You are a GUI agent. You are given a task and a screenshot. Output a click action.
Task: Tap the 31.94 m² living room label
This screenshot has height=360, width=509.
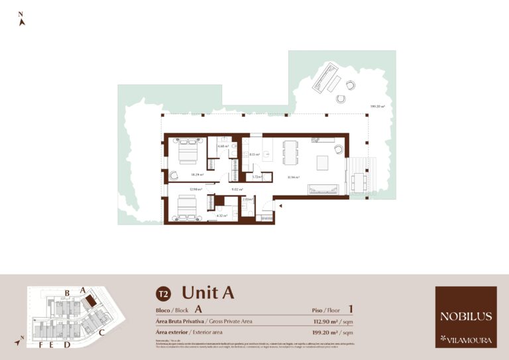(293, 177)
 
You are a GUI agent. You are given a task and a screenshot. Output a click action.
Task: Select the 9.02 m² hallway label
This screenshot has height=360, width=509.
(235, 190)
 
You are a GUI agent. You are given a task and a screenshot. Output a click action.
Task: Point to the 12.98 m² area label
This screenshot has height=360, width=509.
(195, 190)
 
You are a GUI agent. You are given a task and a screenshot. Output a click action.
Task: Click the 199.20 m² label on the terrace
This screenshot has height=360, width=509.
(378, 106)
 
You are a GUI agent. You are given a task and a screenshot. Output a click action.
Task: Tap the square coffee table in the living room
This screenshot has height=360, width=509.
(322, 162)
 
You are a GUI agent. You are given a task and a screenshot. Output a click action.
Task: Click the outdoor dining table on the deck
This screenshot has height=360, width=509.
(359, 180)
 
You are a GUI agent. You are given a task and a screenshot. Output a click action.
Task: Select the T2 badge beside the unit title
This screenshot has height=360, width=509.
(162, 293)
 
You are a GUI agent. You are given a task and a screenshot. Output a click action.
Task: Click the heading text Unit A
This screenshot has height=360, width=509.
(207, 292)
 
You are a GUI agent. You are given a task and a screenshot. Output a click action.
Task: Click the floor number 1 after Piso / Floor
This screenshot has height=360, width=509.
(351, 309)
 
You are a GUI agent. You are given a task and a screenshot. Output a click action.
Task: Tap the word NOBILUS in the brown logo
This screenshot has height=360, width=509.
(466, 316)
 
